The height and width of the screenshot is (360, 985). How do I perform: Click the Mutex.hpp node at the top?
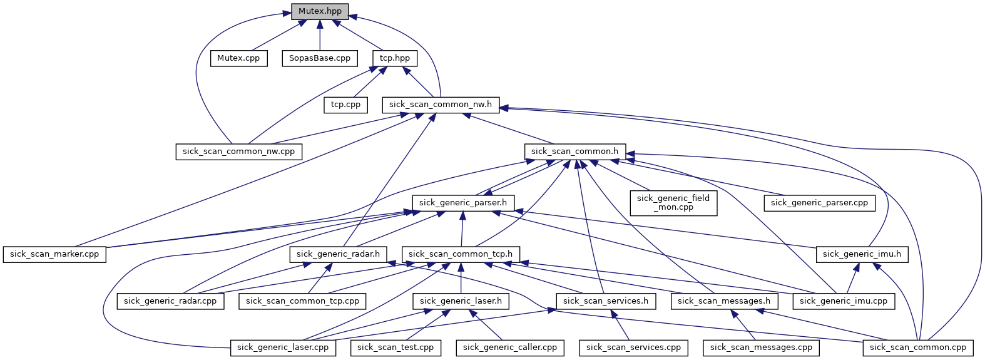(320, 11)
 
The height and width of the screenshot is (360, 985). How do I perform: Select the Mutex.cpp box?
(238, 58)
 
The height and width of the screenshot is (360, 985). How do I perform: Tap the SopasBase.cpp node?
(320, 58)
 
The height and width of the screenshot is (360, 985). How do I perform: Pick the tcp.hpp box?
(395, 58)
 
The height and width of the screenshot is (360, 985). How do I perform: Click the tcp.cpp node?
(345, 105)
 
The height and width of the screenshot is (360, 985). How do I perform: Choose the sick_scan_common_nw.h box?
(441, 105)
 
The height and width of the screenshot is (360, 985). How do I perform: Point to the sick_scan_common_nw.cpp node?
(238, 152)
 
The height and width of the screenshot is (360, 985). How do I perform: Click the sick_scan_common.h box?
(574, 152)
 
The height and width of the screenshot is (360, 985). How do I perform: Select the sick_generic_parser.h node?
(463, 203)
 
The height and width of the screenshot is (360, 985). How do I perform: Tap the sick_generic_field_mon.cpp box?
(673, 203)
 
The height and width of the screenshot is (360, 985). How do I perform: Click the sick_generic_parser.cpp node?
(819, 203)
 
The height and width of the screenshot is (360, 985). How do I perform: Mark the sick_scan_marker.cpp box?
(54, 254)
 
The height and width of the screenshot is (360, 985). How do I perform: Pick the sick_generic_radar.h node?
(338, 254)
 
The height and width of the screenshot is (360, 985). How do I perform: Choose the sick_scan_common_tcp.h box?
(461, 254)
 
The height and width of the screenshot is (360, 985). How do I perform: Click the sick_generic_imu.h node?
(862, 254)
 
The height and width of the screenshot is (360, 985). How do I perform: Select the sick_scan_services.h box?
(606, 301)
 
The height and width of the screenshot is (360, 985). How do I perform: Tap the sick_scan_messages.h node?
(724, 301)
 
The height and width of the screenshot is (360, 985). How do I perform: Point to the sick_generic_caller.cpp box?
(510, 347)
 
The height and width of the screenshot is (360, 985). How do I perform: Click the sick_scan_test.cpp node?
(396, 347)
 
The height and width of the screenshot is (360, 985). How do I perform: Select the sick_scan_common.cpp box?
(918, 347)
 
